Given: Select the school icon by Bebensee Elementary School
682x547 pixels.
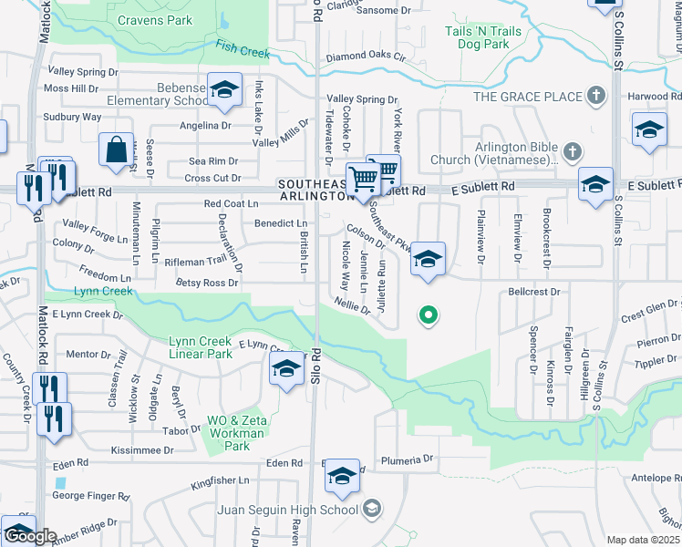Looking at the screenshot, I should [224, 89].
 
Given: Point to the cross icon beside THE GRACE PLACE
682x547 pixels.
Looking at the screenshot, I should [595, 95].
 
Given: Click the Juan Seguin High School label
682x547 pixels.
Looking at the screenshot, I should [286, 509].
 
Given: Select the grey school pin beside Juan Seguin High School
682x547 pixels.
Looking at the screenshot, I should [371, 509].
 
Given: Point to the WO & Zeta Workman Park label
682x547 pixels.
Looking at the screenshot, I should [236, 434].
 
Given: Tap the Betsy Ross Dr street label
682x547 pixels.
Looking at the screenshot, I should [208, 283].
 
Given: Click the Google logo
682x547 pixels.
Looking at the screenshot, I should [29, 536].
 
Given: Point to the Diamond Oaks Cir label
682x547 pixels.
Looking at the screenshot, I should [365, 56].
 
